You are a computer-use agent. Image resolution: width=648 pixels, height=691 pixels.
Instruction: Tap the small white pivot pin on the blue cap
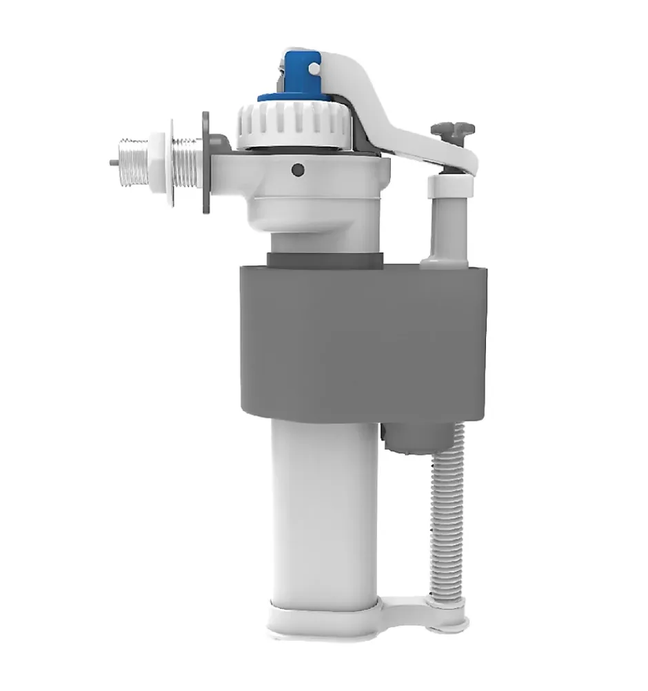click(x=314, y=69)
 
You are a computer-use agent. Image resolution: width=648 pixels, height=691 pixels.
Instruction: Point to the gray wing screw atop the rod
click(x=452, y=129)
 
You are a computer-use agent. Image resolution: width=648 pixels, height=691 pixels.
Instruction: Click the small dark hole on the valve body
click(x=297, y=169)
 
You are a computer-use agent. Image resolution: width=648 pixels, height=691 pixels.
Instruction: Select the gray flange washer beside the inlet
click(x=207, y=163)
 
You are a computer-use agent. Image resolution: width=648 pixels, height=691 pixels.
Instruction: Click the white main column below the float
click(x=323, y=510)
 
